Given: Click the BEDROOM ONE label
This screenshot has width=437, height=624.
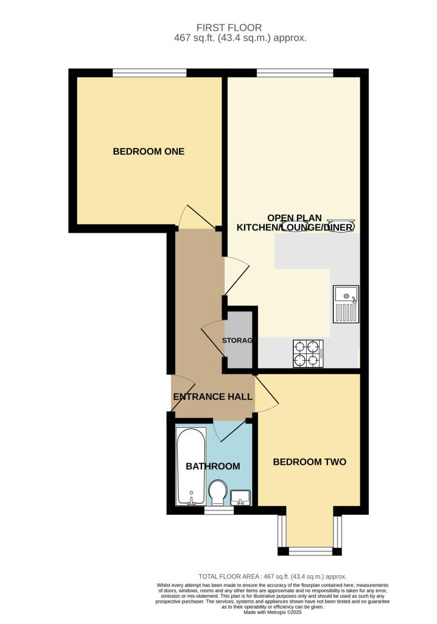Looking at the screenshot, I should pyautogui.click(x=149, y=151).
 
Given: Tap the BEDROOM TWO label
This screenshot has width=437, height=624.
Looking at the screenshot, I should pyautogui.click(x=309, y=462).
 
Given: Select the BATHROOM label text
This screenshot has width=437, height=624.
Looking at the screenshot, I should pyautogui.click(x=212, y=466).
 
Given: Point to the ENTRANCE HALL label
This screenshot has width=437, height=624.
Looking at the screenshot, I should pyautogui.click(x=212, y=397).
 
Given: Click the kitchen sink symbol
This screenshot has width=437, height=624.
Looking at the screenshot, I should pyautogui.click(x=346, y=303).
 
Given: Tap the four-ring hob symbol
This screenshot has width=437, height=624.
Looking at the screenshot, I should pyautogui.click(x=308, y=353).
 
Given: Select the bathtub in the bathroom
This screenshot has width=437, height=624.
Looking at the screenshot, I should pyautogui.click(x=191, y=467).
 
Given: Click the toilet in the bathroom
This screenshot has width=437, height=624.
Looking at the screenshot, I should pyautogui.click(x=217, y=492).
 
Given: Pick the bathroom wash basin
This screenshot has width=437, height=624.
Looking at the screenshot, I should pyautogui.click(x=241, y=497).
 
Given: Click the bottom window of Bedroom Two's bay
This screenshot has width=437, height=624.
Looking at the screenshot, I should pyautogui.click(x=310, y=551).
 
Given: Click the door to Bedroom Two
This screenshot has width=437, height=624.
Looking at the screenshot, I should pyautogui.click(x=266, y=394).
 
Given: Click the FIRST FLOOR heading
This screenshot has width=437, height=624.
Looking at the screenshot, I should pyautogui.click(x=229, y=27).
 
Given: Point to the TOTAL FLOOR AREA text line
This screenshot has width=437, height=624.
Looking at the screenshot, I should pyautogui.click(x=273, y=576).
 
